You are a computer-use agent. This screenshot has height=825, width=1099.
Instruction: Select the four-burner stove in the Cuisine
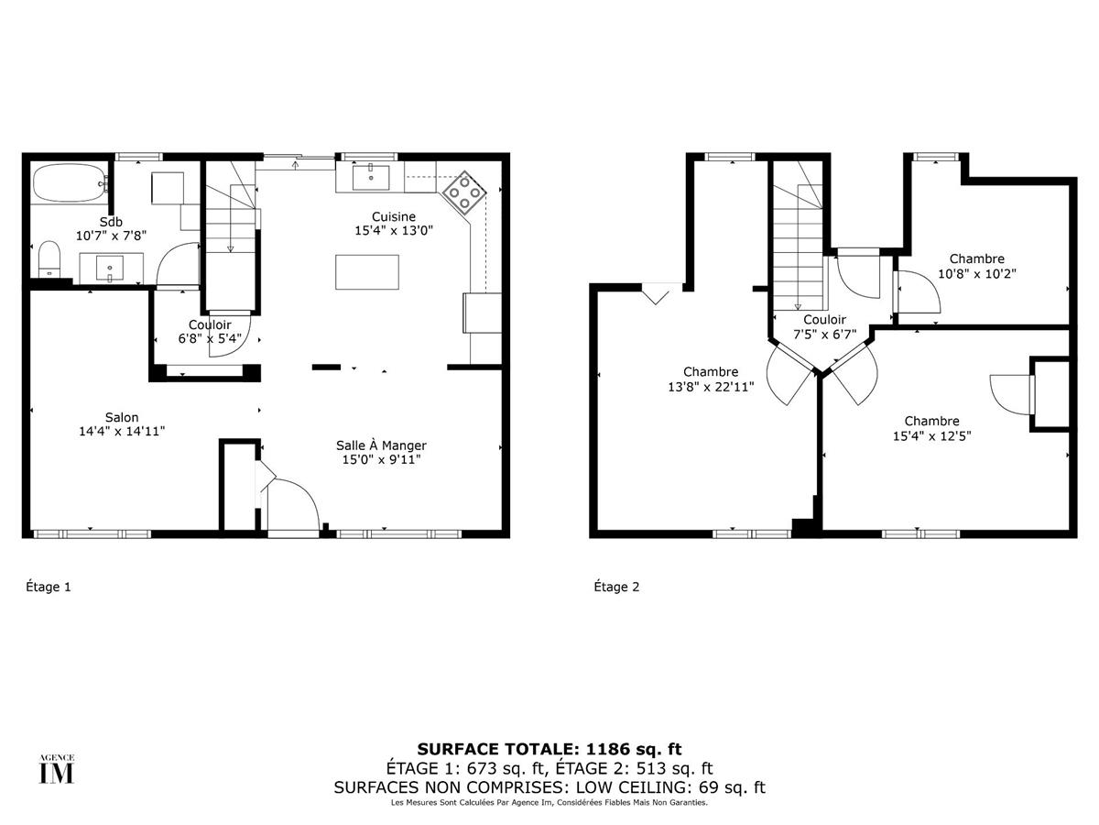click(x=464, y=191)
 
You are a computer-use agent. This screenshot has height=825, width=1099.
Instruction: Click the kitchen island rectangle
click(x=367, y=272)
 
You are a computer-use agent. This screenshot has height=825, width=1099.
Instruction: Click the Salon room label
click(x=121, y=417)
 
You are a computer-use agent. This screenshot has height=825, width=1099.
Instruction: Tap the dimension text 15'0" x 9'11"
click(x=380, y=460)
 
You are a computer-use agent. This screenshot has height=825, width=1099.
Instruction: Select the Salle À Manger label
click(x=380, y=445)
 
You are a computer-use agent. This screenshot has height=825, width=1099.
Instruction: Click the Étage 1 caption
click(x=48, y=587)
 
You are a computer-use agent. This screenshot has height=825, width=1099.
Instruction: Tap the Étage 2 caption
click(x=616, y=587)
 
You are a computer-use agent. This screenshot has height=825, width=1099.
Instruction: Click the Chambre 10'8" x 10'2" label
click(x=976, y=258)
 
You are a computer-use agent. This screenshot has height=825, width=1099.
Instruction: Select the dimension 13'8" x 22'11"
click(x=711, y=386)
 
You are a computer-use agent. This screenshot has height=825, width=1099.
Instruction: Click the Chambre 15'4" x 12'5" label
click(x=931, y=421)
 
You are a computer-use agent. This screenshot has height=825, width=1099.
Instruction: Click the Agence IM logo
click(x=56, y=770)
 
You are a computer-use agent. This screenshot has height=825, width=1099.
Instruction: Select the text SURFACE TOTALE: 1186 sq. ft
click(x=549, y=749)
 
